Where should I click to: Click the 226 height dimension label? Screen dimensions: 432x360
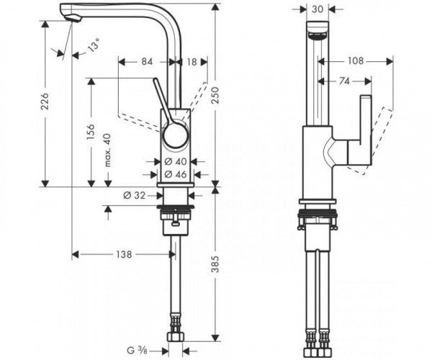pos(45,102)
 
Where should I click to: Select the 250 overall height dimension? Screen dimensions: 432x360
pos(215,95)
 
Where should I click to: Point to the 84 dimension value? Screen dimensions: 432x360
pos(147,62)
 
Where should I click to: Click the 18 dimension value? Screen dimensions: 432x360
pos(192,62)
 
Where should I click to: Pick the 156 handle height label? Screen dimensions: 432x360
pos(91,132)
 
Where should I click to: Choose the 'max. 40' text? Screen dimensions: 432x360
pos(107,150)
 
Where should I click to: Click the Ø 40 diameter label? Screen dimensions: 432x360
pos(176,161)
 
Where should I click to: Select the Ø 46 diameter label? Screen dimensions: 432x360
pos(176,174)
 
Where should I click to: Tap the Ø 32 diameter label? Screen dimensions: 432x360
pos(134,196)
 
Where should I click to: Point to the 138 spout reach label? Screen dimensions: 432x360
pos(124,254)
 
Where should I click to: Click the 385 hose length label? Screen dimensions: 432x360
pos(215,264)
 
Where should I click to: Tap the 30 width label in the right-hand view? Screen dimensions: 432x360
pos(318,9)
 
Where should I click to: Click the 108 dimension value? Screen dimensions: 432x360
pos(356,61)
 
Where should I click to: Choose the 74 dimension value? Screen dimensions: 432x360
pos(344,81)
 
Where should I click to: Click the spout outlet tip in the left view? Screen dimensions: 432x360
pos(73,19)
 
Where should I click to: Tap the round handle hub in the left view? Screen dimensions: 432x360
pos(176,135)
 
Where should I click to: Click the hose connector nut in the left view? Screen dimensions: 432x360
pos(176,337)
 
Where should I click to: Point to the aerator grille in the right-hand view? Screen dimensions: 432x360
pos(318,36)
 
